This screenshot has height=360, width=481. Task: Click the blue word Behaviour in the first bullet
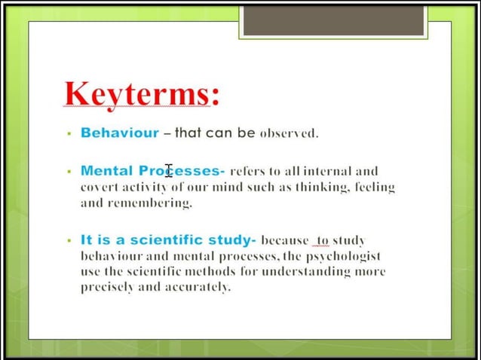[x=120, y=133]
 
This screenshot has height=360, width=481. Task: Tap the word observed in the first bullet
[x=289, y=133]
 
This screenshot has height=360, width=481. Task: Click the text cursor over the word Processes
[x=169, y=172]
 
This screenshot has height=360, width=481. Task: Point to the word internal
[x=332, y=171]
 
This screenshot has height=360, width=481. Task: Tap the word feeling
[x=374, y=187]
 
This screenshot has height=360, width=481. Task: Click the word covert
[x=100, y=187]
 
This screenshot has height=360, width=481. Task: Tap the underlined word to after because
[x=322, y=240]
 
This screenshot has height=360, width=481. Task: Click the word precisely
[x=107, y=287]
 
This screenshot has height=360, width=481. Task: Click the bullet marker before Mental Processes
[x=69, y=172]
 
